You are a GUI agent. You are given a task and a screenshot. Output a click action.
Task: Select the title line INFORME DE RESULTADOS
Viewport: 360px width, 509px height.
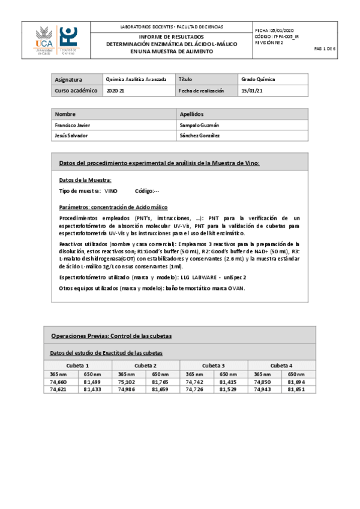172,37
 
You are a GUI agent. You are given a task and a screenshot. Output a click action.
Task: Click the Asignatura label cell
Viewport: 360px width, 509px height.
68,79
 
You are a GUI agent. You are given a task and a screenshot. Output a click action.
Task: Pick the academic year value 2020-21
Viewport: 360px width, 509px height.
113,91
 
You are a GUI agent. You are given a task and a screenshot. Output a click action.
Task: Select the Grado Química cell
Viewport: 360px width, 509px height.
257,79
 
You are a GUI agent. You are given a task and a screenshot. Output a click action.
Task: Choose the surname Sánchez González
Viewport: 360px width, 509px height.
199,136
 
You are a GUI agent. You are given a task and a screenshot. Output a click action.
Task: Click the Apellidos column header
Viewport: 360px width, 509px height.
192,114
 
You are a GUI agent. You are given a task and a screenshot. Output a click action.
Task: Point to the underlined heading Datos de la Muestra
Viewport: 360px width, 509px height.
85,180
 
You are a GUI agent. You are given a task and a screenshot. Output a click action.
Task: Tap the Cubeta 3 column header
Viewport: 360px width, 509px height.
214,365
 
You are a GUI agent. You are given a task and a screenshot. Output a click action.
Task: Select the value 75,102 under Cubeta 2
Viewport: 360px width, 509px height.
127,381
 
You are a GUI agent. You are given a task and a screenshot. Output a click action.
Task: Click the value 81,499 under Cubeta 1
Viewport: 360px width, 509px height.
92,381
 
